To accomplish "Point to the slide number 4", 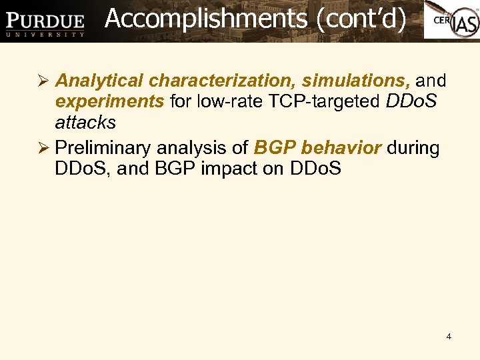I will [449, 337].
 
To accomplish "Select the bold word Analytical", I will [99, 81].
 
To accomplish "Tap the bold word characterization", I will [222, 81].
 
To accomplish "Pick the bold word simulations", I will [356, 81].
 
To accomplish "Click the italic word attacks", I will [85, 123].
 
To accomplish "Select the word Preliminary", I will [103, 147].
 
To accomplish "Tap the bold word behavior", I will [342, 147].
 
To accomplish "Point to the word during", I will [413, 147].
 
